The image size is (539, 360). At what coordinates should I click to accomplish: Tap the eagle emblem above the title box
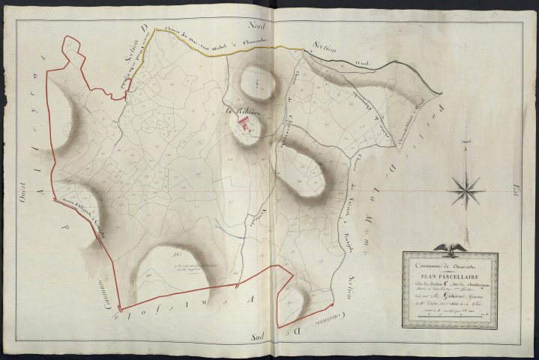tap(454, 247)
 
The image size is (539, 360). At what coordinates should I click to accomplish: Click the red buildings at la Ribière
tap(245, 127)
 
